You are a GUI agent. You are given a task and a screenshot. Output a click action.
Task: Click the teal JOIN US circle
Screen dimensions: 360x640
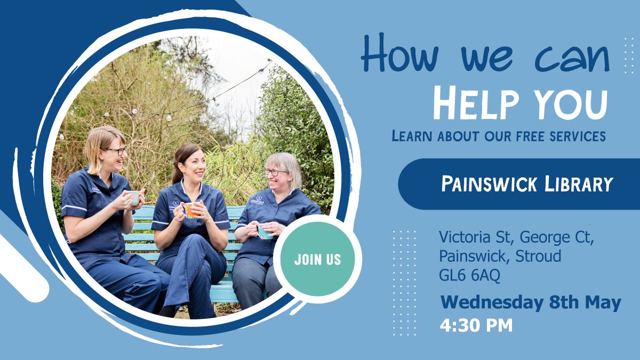(x=317, y=259)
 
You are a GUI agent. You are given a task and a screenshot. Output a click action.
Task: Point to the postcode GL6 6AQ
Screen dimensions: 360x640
(x=469, y=276)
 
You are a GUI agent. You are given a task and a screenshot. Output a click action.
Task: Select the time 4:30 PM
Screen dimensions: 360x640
(x=476, y=325)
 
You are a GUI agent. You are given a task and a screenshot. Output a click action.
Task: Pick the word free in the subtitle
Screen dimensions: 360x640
(x=521, y=135)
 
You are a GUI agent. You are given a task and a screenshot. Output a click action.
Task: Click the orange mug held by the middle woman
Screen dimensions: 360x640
(x=190, y=210)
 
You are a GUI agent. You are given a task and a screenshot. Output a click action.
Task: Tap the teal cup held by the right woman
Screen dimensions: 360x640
(x=264, y=230)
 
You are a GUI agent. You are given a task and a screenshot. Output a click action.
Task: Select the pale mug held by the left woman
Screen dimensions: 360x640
(x=135, y=198)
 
